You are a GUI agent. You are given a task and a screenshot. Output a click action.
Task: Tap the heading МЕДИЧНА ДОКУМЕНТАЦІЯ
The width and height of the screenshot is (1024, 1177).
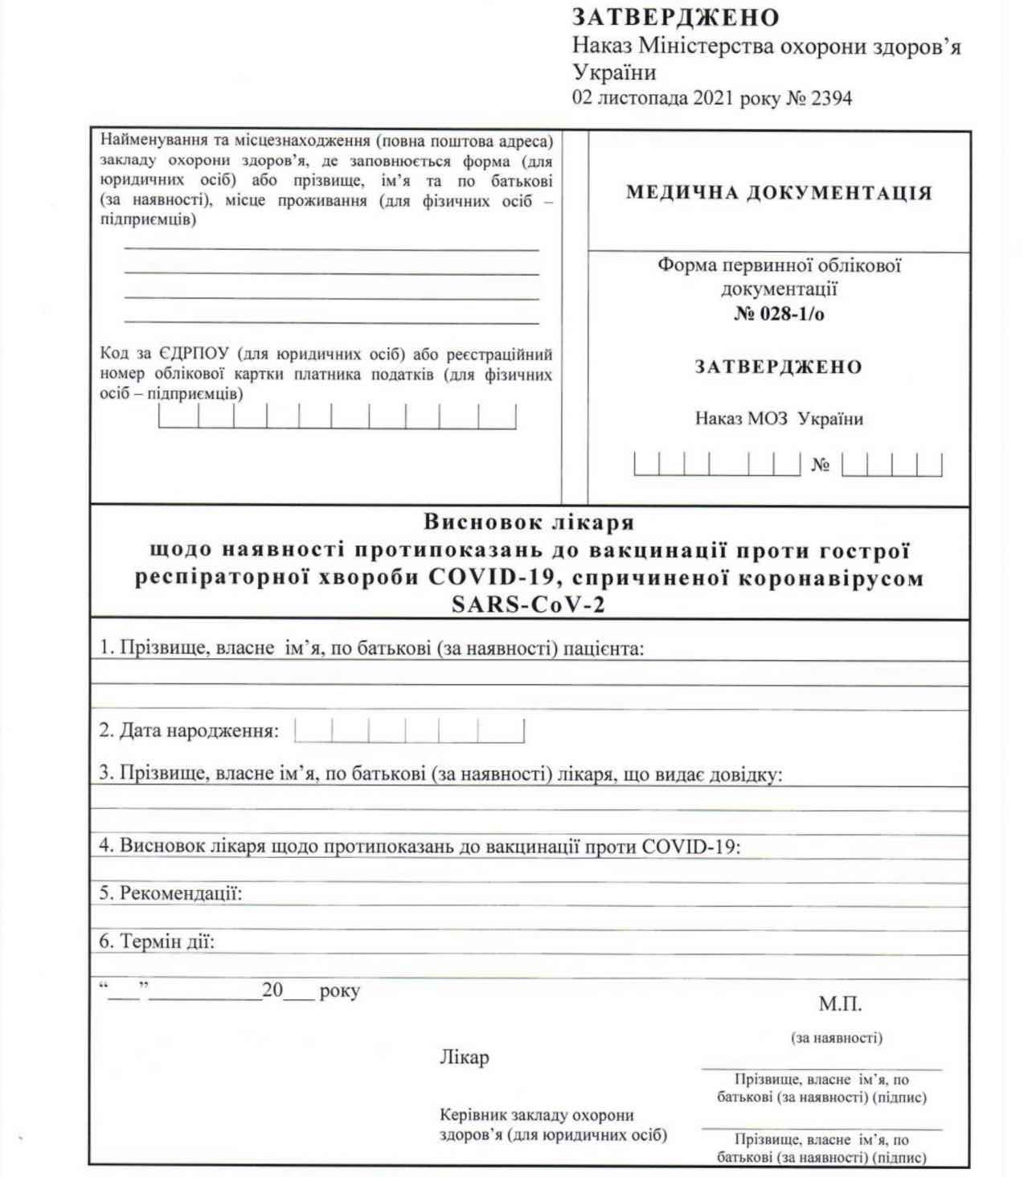pos(779,193)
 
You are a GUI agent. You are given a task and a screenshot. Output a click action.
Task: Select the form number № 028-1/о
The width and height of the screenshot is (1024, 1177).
pos(779,314)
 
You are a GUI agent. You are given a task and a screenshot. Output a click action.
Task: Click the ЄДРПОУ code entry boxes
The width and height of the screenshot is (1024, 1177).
pos(337,416)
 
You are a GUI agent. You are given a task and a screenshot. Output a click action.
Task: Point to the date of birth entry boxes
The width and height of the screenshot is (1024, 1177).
pos(409,731)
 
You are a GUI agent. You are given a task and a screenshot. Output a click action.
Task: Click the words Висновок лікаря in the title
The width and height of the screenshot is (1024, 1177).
pos(529,523)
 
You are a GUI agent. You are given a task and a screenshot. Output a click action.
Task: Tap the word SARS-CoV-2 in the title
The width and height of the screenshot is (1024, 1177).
pos(529,605)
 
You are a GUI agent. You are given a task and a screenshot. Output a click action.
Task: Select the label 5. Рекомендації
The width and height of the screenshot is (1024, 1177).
pos(170,893)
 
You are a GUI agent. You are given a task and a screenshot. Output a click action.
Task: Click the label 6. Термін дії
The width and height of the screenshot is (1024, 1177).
pos(157,941)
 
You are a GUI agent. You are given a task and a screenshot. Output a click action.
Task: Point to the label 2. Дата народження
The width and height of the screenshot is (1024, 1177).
pos(189,731)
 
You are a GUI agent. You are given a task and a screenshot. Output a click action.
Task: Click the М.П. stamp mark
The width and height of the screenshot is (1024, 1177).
pos(840,1004)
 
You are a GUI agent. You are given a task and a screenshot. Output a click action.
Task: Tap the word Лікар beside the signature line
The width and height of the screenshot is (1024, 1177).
pos(464,1057)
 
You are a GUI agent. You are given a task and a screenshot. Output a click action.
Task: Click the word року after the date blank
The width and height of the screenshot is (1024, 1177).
pos(339,990)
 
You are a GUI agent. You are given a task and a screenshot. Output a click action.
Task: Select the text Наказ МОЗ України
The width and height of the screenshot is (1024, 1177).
pos(779,419)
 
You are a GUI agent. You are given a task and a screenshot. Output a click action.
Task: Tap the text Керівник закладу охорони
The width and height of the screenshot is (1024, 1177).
pos(536,1115)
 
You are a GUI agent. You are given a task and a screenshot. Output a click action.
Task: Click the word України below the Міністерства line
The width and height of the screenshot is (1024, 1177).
pos(614,72)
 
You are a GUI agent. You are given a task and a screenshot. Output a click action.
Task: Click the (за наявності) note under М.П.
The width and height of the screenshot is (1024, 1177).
pos(837,1038)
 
